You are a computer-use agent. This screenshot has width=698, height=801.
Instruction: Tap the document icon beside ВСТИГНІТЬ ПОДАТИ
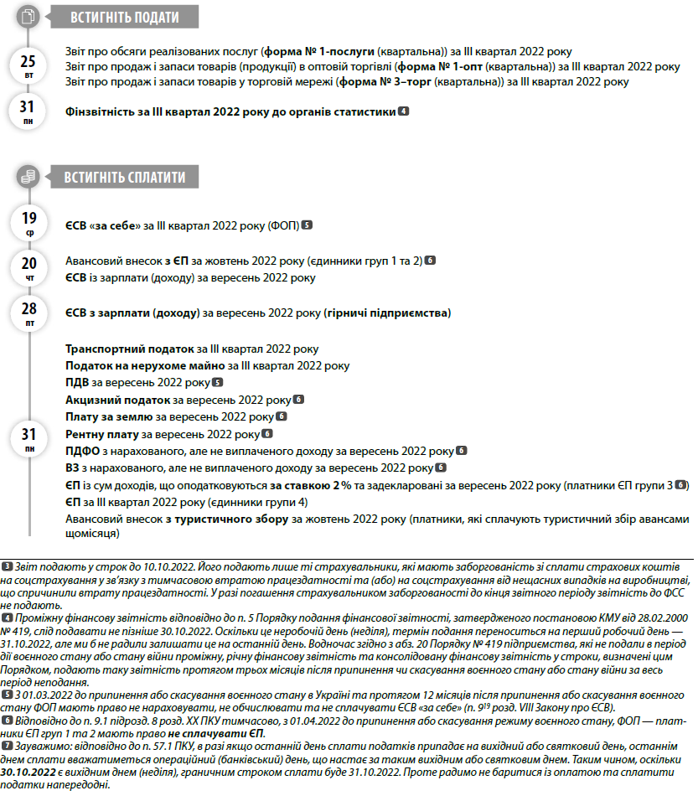29,16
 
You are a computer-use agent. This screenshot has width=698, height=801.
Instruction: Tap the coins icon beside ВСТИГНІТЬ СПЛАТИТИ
29,177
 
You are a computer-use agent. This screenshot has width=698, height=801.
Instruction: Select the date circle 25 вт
28,65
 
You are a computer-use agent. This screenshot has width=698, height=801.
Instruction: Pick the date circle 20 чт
28,269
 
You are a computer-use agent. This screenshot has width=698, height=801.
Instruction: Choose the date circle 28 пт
28,313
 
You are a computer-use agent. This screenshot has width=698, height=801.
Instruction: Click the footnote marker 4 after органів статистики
404,111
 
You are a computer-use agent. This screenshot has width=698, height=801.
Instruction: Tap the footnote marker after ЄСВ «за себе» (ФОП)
308,225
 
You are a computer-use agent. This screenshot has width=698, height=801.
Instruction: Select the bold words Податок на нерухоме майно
145,365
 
